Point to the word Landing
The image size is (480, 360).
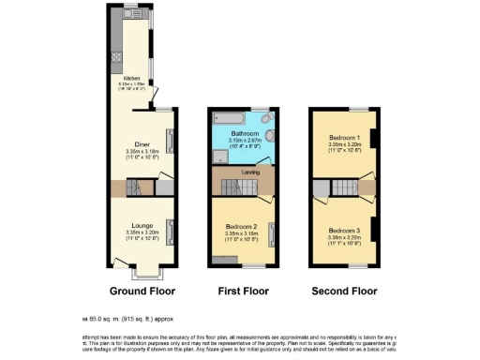click(250, 172)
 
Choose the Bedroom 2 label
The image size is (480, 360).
click(241, 226)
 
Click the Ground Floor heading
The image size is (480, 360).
click(139, 292)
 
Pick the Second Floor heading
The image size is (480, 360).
click(344, 292)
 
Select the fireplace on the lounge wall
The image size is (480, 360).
click(171, 227)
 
